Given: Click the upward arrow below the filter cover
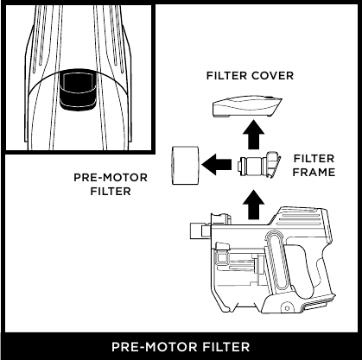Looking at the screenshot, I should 252,136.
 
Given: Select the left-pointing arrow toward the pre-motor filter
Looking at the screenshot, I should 217,161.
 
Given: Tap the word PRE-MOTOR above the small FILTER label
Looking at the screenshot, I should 111,179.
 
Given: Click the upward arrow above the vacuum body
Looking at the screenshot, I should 253,205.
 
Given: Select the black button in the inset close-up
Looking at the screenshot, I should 77,89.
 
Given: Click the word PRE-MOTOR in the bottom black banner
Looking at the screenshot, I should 148,347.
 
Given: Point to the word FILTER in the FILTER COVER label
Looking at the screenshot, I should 225,76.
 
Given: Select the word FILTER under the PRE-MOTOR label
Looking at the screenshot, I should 111,192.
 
